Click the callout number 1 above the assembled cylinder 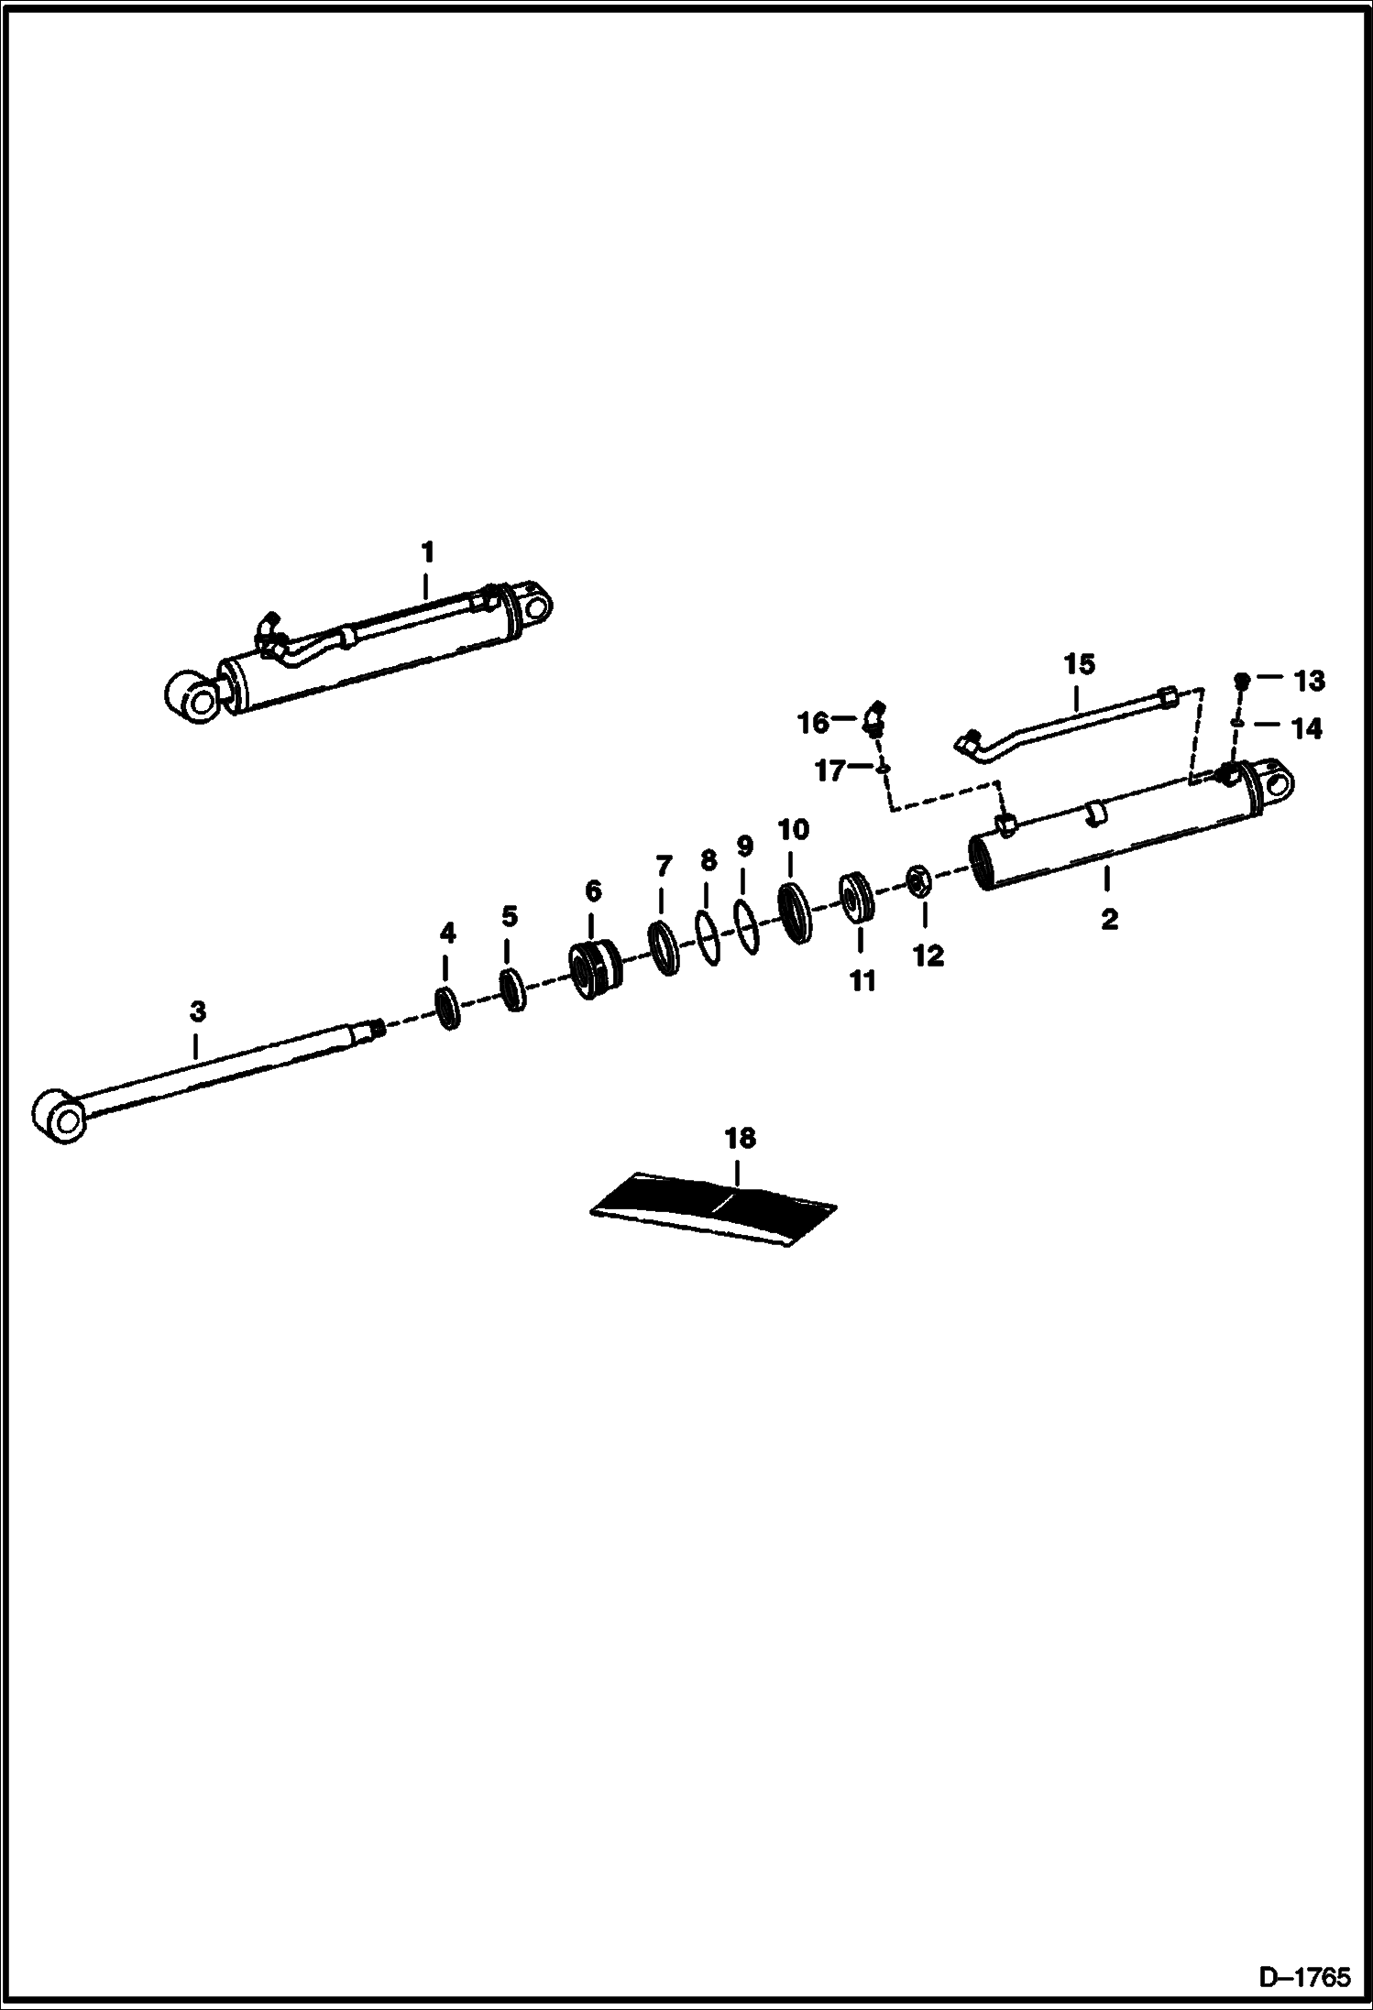coord(426,553)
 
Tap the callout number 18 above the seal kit coord(740,1138)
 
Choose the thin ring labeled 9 coord(745,927)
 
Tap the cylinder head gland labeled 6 coord(595,971)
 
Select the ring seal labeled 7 coord(662,948)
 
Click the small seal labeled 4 coord(448,1008)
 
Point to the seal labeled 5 coord(512,990)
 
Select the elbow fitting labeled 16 coord(874,720)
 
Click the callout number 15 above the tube coord(1079,663)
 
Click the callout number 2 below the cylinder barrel coord(1109,919)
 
